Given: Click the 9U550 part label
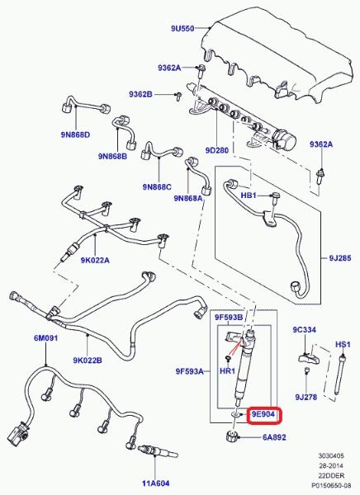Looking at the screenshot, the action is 182,28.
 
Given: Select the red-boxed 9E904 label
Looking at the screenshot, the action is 263,414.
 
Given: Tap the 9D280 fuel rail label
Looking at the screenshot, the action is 217,150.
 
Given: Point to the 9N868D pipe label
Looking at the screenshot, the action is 75,134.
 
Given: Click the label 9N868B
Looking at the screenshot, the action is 112,156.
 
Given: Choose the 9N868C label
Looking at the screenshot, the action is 157,187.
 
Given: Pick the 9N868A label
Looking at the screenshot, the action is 188,198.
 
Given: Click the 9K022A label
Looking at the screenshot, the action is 95,260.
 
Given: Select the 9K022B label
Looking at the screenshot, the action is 88,360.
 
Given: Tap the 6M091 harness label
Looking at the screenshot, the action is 46,338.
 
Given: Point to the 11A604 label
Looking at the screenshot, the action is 155,483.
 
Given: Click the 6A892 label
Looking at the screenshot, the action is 274,437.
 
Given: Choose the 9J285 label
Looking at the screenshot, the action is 340,258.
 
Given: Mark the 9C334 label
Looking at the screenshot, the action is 304,330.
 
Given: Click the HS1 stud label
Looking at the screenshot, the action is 343,344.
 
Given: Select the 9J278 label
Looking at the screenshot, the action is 306,397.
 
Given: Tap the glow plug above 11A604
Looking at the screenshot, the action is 157,450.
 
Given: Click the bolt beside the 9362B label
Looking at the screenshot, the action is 178,96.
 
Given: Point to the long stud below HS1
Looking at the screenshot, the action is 340,375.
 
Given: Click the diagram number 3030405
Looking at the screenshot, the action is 330,456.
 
